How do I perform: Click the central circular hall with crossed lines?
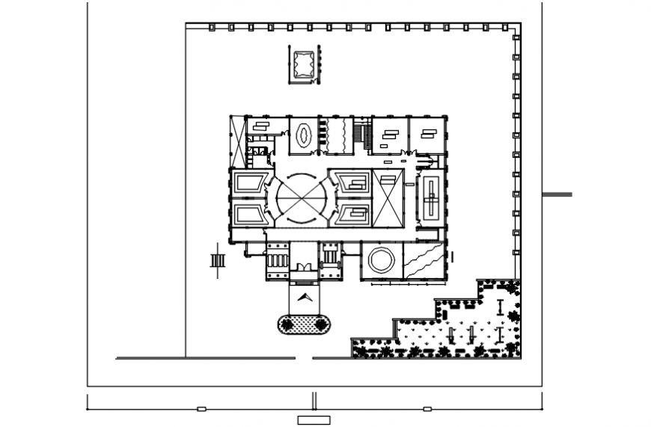(302, 199)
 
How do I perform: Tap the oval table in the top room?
(304, 136)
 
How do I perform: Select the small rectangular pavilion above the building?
(304, 65)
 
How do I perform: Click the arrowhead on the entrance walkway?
(304, 297)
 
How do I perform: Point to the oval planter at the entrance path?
(304, 324)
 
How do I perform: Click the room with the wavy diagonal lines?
(424, 261)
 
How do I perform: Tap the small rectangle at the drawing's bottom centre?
(313, 420)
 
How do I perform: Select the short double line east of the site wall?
(557, 194)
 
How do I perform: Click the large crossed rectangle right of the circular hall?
(388, 198)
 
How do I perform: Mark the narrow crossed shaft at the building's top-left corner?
(237, 142)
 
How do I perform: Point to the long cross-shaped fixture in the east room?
(431, 197)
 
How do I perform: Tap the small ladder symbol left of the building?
(218, 260)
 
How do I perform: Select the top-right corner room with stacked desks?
(428, 135)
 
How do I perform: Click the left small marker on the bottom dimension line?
(201, 409)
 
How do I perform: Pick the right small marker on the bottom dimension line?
(427, 409)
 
